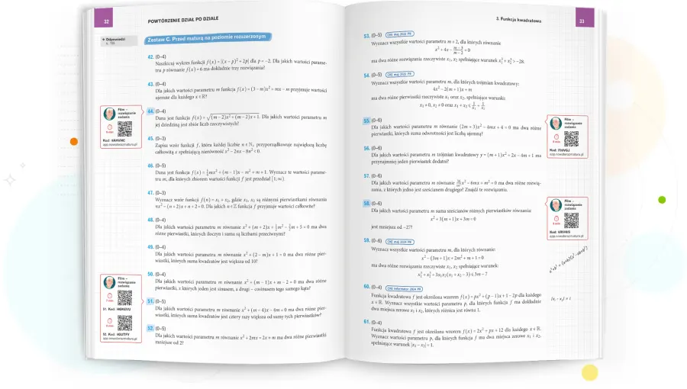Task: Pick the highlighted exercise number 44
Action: click(x=150, y=110)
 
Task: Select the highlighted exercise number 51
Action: click(x=151, y=301)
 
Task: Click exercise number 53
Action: click(x=367, y=35)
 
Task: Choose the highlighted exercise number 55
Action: click(x=367, y=121)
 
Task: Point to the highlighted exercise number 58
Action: click(x=367, y=204)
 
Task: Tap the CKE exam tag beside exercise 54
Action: click(x=401, y=75)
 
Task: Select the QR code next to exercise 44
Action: click(x=124, y=127)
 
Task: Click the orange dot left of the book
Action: click(x=73, y=141)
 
